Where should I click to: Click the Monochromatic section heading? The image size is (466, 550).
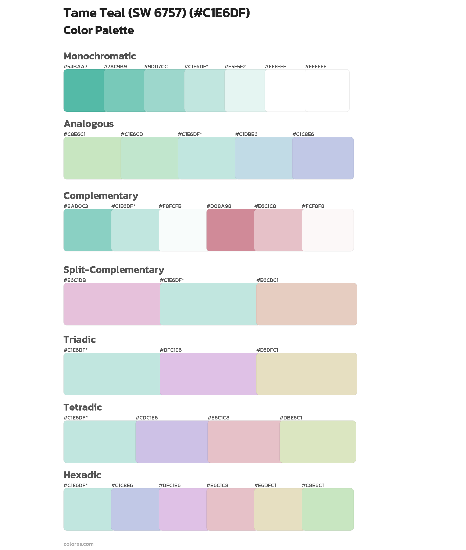point(100,56)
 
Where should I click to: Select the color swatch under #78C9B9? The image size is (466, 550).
point(124,91)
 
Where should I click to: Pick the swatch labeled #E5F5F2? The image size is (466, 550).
point(245,91)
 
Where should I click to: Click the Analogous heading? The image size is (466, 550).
point(89,124)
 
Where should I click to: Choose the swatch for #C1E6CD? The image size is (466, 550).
point(150,158)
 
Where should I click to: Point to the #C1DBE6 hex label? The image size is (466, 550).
point(246,134)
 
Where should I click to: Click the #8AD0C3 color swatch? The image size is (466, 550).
point(87,230)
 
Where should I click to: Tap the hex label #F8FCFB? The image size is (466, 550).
point(170,206)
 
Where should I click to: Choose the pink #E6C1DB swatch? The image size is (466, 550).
point(112,304)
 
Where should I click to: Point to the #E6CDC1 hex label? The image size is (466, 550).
point(267,280)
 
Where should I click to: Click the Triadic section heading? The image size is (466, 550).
point(79,340)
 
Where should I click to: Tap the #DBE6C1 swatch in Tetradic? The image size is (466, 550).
point(318,441)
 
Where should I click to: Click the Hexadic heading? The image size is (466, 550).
point(82,475)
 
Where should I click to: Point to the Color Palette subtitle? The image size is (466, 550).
point(98,30)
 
